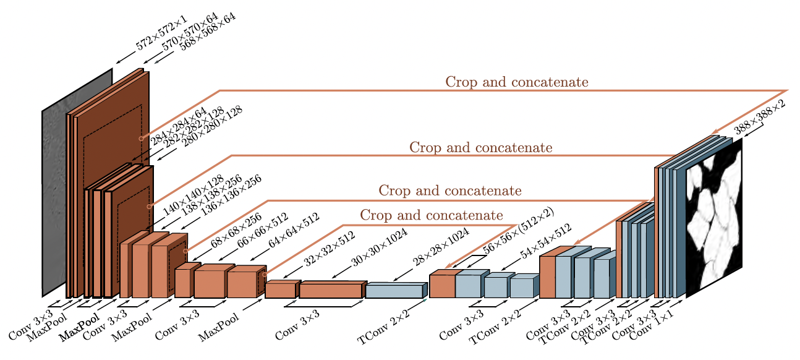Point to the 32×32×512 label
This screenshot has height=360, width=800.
[328, 249]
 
